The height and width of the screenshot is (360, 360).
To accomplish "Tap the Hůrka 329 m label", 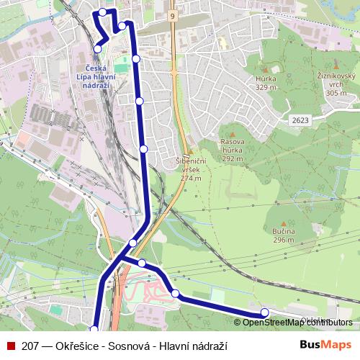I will [266, 82].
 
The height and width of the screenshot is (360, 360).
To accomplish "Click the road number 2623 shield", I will [300, 120].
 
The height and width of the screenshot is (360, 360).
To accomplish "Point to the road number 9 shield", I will [174, 14].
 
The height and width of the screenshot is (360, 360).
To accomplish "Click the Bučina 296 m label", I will [284, 235].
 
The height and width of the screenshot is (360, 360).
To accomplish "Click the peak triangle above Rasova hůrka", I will [232, 133].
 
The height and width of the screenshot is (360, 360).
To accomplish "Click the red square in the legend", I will [11, 346].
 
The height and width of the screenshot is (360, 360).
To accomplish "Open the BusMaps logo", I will [325, 346].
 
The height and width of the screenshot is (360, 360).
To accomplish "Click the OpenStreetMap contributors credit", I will [297, 323].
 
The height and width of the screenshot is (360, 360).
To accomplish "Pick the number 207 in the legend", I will [31, 346].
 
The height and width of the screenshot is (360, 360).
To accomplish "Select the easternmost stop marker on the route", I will [264, 312].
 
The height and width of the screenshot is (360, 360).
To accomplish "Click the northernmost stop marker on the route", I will [103, 12].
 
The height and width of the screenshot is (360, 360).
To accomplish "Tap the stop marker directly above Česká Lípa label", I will [98, 49].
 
